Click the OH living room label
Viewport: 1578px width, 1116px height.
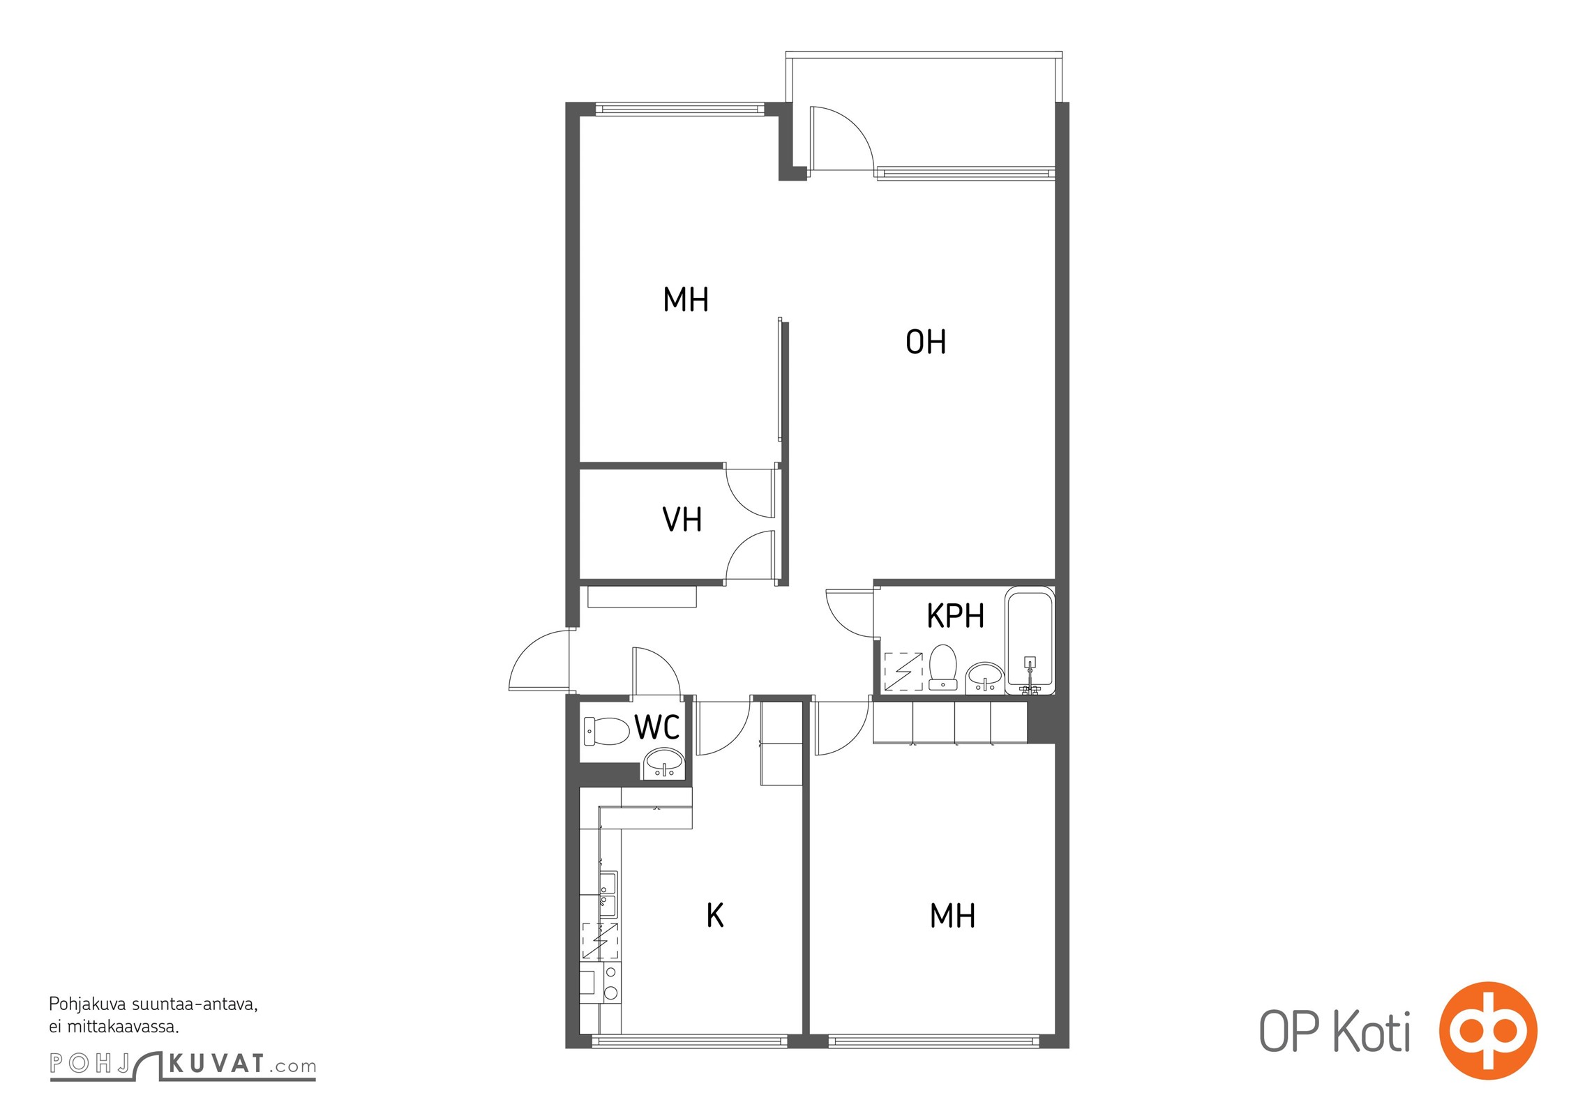point(926,342)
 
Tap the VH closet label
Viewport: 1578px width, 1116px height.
point(682,520)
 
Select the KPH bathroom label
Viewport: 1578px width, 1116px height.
point(955,616)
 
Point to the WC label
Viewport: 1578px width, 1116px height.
point(656,727)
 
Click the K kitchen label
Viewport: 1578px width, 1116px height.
point(715,916)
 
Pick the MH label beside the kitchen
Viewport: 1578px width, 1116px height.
point(952,916)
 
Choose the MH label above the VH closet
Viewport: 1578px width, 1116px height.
point(686,300)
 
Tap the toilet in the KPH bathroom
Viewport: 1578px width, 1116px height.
point(942,667)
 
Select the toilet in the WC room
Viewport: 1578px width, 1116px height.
point(606,731)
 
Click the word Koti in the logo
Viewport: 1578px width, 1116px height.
point(1372,1032)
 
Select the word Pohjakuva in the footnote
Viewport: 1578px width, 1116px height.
point(88,1005)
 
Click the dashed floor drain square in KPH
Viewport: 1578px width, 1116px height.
point(903,671)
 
